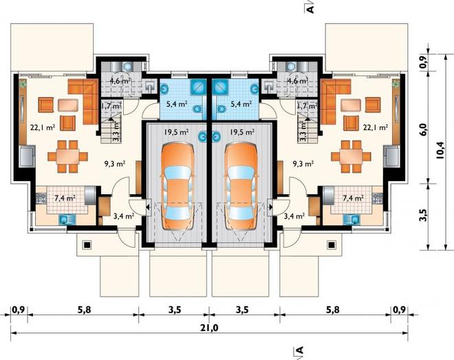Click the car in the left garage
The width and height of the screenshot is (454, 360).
[x=177, y=187]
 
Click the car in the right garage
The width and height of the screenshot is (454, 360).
[x=241, y=187]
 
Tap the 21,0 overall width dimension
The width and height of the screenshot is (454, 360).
[x=209, y=328]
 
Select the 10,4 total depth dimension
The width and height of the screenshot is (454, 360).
[x=440, y=150]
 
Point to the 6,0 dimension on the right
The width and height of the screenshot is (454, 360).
[x=423, y=129]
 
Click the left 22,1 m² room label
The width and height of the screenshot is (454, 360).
[x=43, y=127]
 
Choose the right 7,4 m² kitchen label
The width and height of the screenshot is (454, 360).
[x=354, y=198]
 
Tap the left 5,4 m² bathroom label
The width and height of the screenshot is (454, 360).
[x=177, y=103]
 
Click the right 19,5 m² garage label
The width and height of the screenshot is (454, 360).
[x=242, y=132]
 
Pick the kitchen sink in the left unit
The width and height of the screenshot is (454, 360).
[x=67, y=220]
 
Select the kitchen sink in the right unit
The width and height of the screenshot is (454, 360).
[x=352, y=220]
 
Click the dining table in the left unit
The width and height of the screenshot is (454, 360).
[x=67, y=156]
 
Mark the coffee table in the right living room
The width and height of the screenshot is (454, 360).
[x=351, y=105]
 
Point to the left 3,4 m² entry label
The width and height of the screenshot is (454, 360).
[x=124, y=215]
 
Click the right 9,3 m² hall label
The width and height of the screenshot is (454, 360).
[x=303, y=164]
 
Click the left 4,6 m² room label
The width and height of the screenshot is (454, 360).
[x=120, y=81]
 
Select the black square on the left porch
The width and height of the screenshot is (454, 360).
[x=87, y=245]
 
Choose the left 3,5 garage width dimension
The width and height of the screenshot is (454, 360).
[x=175, y=310]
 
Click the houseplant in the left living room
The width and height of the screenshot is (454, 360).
[x=23, y=83]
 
